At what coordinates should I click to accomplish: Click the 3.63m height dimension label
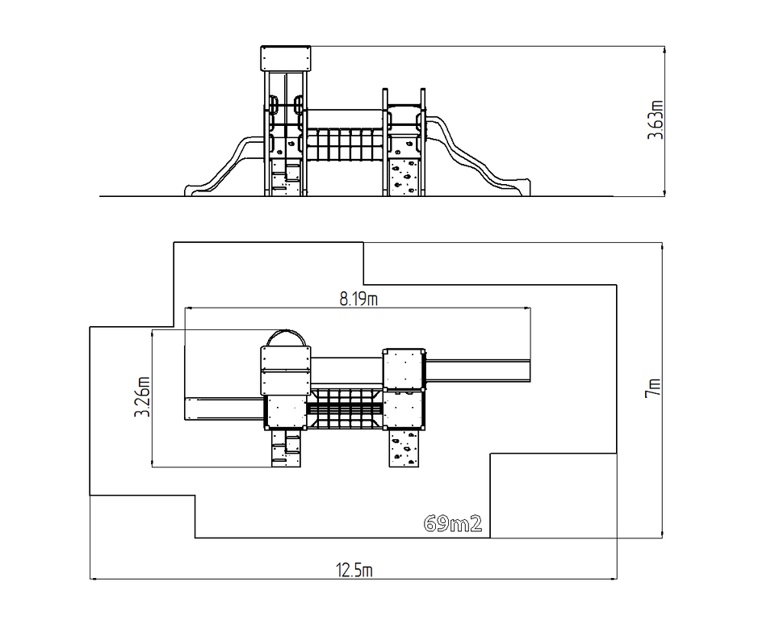tap(656, 120)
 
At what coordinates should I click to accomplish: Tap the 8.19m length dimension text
tap(358, 299)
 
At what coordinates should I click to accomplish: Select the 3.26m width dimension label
tap(143, 396)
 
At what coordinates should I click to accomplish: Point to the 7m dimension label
tap(653, 388)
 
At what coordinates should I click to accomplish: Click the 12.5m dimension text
tap(354, 570)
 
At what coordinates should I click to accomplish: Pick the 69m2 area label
tap(453, 524)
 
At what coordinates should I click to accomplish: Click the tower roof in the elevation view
tap(286, 58)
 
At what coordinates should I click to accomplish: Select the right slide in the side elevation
tap(477, 155)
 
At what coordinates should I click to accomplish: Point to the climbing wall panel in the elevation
tap(404, 177)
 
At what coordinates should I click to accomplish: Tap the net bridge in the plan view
tap(345, 409)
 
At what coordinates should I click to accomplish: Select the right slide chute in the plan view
tap(477, 371)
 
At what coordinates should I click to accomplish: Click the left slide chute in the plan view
tap(224, 409)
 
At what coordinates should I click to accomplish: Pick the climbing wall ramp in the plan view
tap(404, 447)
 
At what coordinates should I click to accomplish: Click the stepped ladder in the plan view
tap(286, 447)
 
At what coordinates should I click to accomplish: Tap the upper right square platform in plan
tap(404, 369)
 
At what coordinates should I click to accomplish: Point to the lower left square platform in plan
tap(286, 412)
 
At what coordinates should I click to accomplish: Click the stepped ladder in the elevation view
tap(286, 177)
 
